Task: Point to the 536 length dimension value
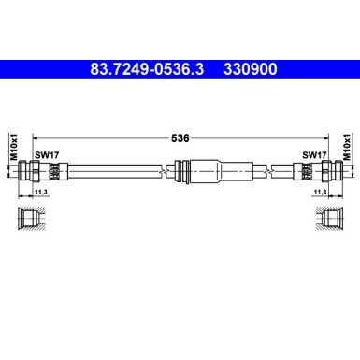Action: pos(180,137)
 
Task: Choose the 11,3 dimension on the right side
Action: pos(319,192)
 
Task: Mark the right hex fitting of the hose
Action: pos(321,172)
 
